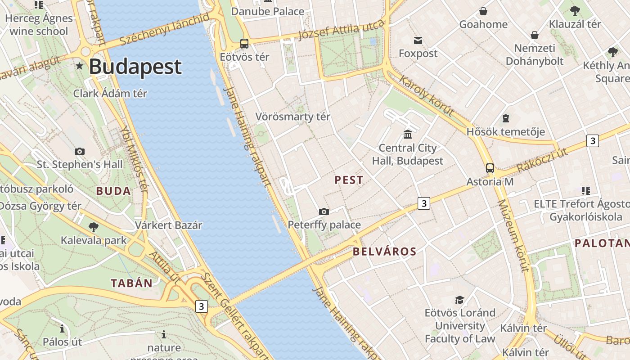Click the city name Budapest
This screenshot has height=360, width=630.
(x=135, y=67)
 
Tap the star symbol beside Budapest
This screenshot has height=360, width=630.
(x=80, y=66)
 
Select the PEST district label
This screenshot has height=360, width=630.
(x=349, y=180)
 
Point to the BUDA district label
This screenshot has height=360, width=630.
(x=113, y=191)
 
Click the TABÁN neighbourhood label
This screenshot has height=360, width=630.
(x=132, y=283)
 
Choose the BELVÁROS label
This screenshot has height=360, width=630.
(x=385, y=252)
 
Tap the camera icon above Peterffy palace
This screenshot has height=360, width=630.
(x=324, y=211)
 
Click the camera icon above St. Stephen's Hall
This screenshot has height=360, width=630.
(x=80, y=151)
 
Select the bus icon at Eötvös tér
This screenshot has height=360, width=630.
(x=244, y=44)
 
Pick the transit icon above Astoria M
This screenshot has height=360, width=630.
(x=490, y=168)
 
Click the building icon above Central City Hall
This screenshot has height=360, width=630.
(x=408, y=134)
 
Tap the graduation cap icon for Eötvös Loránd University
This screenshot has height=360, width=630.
(x=459, y=300)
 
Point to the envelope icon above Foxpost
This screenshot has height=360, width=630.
(x=418, y=40)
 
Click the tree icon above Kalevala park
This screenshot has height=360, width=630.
(x=94, y=227)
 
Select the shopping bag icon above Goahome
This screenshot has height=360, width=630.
(x=483, y=11)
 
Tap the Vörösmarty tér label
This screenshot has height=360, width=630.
(x=293, y=117)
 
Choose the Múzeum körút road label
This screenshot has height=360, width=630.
(x=513, y=236)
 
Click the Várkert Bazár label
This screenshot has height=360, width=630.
(x=169, y=225)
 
